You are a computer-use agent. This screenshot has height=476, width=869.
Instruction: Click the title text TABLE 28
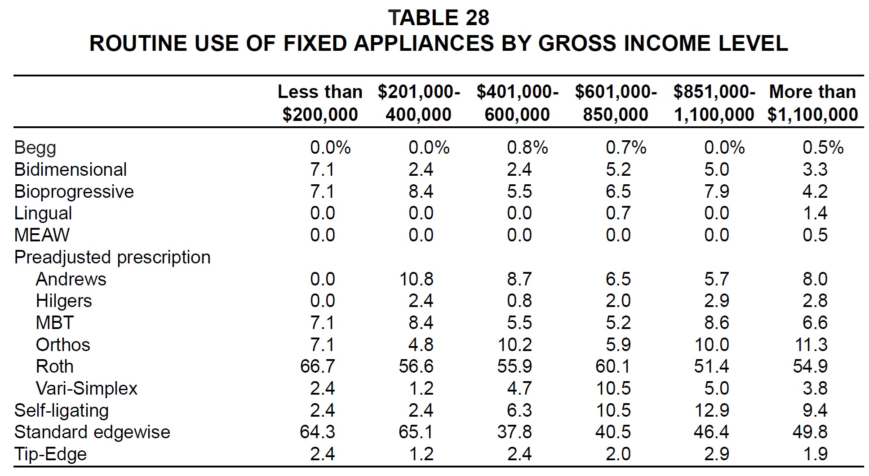(439, 18)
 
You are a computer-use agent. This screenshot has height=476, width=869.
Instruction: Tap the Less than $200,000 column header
(320, 103)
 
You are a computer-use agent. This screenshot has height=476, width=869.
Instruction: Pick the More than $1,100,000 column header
(812, 103)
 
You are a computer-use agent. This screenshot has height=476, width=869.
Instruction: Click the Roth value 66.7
(317, 366)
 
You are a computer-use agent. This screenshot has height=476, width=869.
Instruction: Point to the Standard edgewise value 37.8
(514, 432)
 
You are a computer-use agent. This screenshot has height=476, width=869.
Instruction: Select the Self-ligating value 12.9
(712, 410)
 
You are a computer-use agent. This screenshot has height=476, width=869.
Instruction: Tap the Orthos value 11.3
(810, 345)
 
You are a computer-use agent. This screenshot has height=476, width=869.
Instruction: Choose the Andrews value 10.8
(416, 279)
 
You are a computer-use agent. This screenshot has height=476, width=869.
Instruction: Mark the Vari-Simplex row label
(87, 388)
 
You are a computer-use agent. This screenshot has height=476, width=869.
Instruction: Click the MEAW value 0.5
(815, 235)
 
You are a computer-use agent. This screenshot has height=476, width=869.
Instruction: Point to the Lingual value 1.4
(815, 213)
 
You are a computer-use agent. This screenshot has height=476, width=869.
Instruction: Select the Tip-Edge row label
(50, 454)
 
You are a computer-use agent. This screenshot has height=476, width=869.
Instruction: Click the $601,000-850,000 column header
(616, 103)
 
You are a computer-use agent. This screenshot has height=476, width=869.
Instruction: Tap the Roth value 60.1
(613, 366)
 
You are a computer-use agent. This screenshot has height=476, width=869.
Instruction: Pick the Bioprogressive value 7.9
(717, 191)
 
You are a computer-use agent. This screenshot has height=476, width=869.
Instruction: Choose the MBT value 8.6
(717, 323)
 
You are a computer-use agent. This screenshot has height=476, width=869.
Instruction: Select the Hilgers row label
(64, 301)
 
